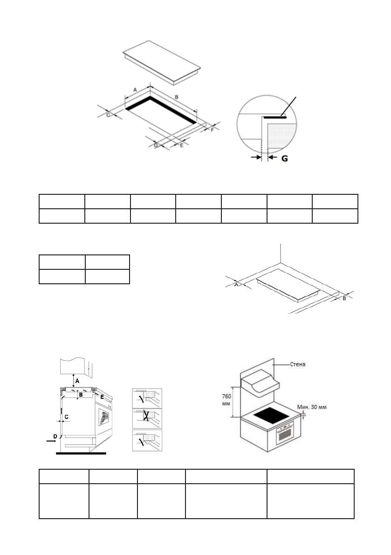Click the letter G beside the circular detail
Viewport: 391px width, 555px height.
[x=284, y=158]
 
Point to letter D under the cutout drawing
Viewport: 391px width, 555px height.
[x=156, y=146]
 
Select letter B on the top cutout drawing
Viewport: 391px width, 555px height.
[x=176, y=97]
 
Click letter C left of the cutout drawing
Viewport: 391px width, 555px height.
[x=108, y=114]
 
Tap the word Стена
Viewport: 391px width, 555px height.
[x=296, y=363]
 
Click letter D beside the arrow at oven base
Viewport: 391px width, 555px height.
[x=55, y=436]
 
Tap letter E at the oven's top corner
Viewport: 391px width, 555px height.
[x=102, y=397]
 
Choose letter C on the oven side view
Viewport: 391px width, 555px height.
[x=66, y=416]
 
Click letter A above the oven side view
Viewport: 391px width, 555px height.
[x=77, y=381]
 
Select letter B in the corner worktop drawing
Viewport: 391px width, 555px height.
[x=344, y=298]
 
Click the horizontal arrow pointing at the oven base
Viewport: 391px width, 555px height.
[x=49, y=439]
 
